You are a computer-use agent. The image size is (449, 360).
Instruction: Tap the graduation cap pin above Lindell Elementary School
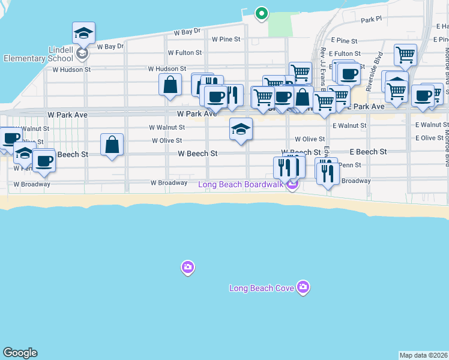pos(84,34)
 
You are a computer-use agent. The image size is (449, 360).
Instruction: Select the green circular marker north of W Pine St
pos(261,13)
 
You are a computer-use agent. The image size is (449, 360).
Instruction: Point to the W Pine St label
pos(226,39)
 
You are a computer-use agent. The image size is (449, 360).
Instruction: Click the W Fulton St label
pos(185,53)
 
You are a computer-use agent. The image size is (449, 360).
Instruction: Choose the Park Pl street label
pos(371,20)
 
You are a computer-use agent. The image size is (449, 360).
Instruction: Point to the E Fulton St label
pos(345,53)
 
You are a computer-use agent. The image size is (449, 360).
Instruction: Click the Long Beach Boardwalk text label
pos(241,184)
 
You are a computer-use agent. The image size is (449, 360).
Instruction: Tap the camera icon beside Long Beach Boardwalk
pos(292,184)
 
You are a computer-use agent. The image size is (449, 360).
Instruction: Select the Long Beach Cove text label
pos(262,289)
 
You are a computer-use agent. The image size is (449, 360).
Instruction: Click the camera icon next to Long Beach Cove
pos(303,288)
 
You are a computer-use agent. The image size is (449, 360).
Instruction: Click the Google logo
pos(20,353)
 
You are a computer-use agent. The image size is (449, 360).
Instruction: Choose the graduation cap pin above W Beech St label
pos(241,130)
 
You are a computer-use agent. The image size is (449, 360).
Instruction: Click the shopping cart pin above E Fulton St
pos(406,55)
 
